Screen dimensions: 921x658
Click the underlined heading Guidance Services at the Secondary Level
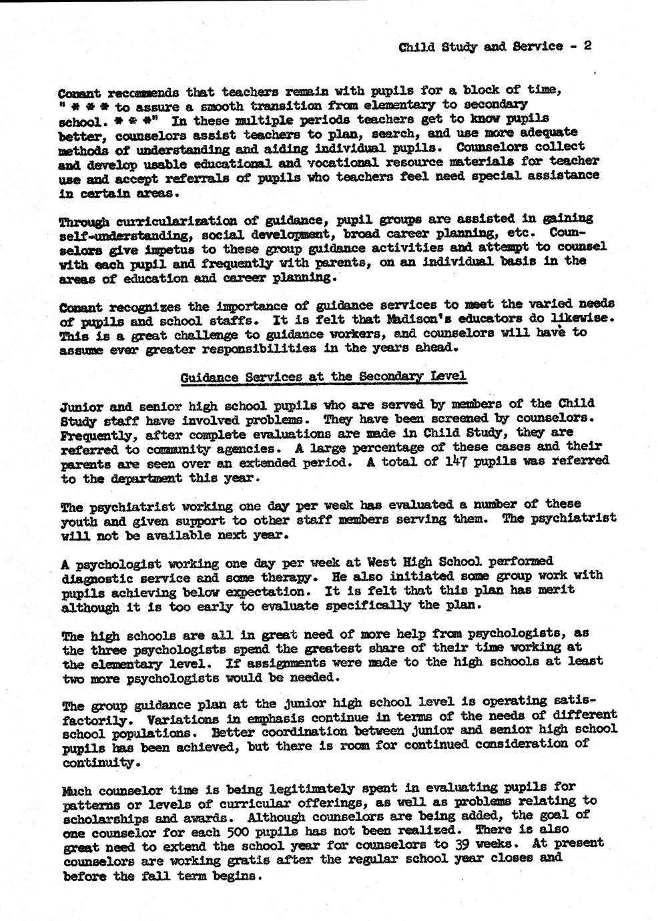(x=323, y=377)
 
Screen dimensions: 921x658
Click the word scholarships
(x=99, y=818)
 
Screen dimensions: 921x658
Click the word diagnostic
(x=97, y=578)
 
